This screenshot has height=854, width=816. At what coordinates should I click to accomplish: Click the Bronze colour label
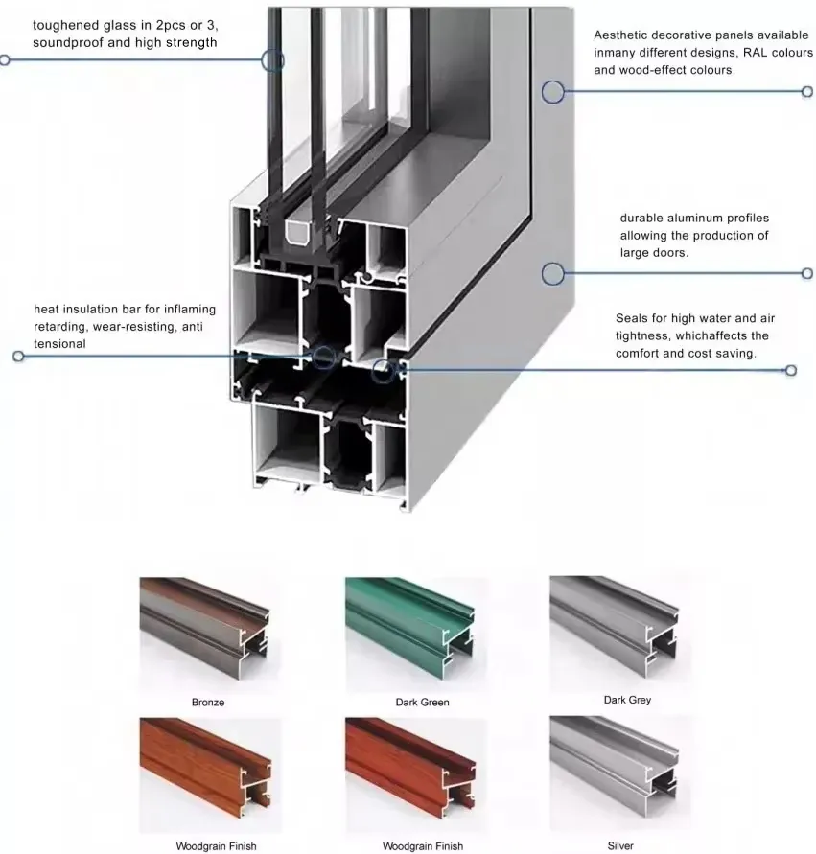207,702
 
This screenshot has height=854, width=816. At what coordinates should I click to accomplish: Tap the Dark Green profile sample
409,628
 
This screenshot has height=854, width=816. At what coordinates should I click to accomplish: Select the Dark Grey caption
627,700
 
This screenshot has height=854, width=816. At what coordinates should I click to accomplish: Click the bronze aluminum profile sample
204,628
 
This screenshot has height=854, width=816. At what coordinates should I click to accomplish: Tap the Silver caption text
620,845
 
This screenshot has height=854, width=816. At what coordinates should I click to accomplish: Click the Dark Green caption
422,702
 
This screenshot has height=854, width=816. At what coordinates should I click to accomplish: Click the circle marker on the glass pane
272,60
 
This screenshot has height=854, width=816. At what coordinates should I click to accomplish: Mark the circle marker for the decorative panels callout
553,92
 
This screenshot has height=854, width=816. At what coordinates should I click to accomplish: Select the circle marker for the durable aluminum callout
553,274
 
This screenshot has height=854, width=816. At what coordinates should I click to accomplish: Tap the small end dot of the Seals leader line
791,370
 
